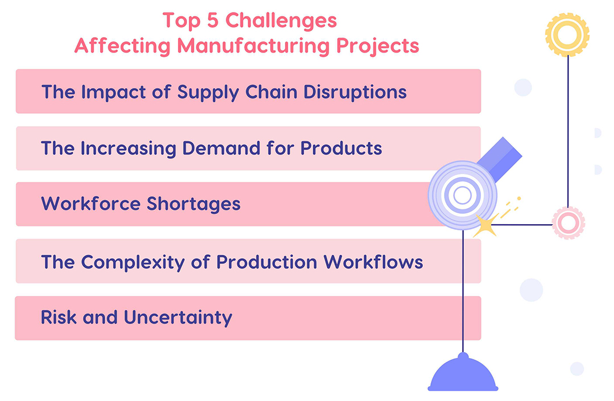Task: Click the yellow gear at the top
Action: point(567,35)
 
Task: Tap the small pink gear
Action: point(568,223)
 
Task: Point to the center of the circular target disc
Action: point(462,196)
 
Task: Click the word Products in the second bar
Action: point(341,148)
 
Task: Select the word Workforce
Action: point(90,204)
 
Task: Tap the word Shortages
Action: point(194,204)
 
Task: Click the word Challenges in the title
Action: point(281,21)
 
